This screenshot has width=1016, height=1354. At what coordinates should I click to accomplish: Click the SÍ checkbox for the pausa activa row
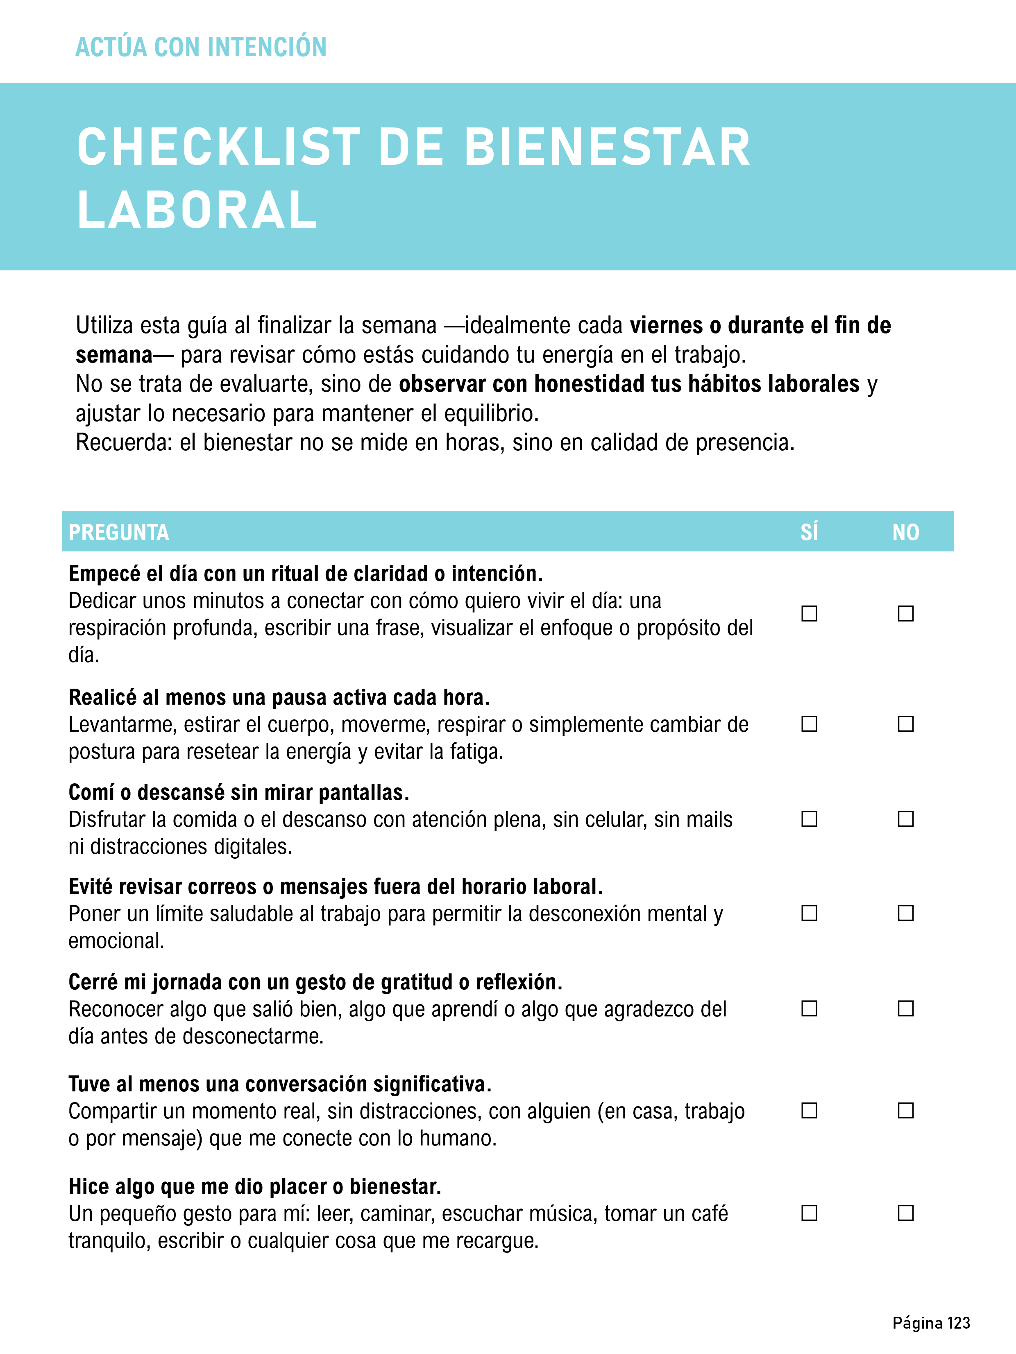click(809, 724)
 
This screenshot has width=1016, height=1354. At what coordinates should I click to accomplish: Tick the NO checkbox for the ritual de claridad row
click(906, 613)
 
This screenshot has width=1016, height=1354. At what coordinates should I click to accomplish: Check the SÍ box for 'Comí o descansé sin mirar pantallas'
click(809, 819)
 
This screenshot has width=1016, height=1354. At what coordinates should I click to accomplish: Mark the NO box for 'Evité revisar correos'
click(906, 913)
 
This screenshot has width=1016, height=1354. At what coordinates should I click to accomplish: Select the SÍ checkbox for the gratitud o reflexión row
click(809, 1009)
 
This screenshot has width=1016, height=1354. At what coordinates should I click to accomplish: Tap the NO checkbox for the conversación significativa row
click(906, 1110)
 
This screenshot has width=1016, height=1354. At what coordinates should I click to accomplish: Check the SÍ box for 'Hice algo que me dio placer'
click(809, 1213)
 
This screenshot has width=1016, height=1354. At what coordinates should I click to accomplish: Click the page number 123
click(959, 1323)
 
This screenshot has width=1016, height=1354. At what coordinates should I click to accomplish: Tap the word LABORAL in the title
click(197, 210)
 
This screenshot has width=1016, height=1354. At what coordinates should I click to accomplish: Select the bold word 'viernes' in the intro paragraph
click(666, 325)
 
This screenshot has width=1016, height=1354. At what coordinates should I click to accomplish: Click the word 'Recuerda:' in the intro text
click(124, 442)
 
